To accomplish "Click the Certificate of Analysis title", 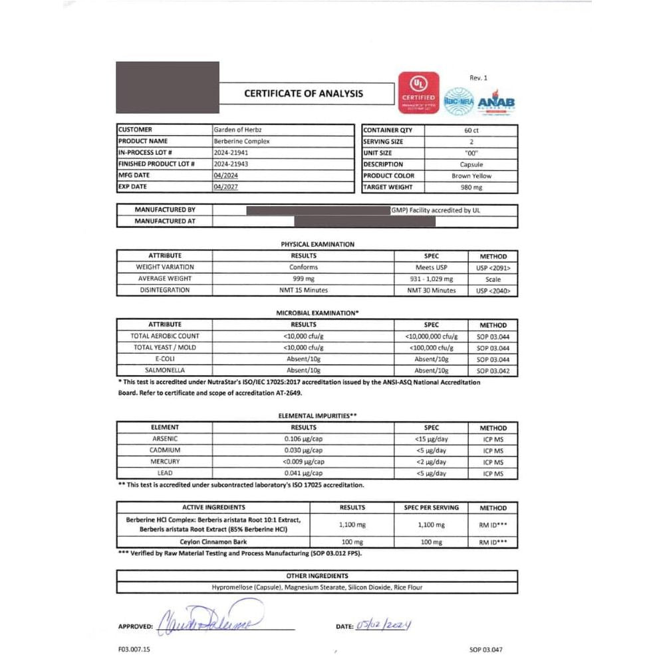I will click(x=303, y=94).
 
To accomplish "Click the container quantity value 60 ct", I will click(x=471, y=130).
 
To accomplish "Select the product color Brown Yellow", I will click(x=471, y=176).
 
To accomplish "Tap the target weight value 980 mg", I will click(x=471, y=188).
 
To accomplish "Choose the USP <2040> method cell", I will click(x=493, y=291).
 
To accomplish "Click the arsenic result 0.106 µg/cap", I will click(x=303, y=439).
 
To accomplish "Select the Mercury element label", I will click(x=165, y=461).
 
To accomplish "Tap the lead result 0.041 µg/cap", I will click(x=303, y=473).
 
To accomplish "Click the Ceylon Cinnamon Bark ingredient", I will click(x=213, y=542).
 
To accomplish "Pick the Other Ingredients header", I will click(x=317, y=576).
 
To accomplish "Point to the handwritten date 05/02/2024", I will click(x=384, y=624).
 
